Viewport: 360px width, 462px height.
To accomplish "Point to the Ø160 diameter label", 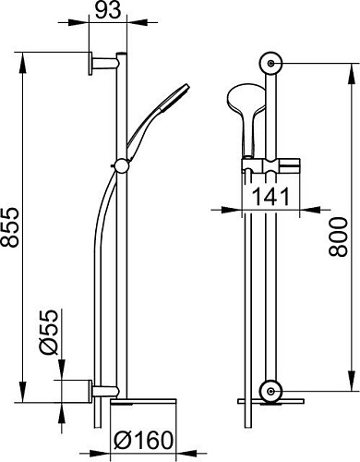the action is point(143,440).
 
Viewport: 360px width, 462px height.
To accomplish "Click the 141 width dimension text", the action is point(270,197).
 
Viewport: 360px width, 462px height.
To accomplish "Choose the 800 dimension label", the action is point(338,237).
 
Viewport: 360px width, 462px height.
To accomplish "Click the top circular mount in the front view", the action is point(270,64).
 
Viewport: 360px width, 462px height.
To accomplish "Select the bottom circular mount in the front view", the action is point(270,391).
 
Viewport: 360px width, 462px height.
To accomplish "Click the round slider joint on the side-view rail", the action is point(122,166).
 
